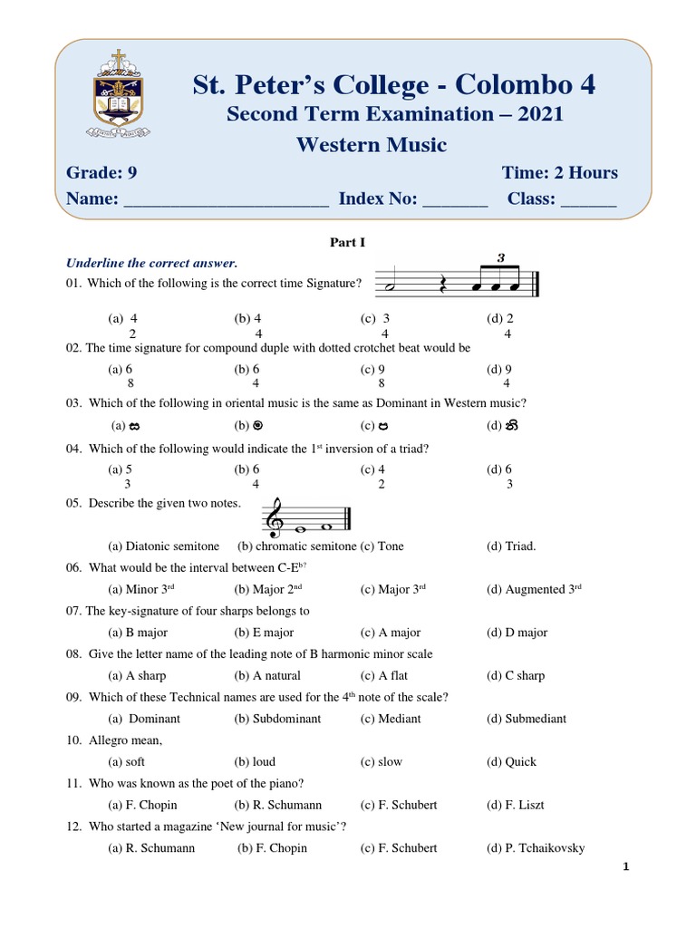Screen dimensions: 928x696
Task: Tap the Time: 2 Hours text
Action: click(559, 173)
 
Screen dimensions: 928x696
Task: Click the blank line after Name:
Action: click(226, 203)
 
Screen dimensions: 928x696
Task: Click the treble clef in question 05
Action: click(272, 517)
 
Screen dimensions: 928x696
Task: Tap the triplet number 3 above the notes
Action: click(500, 258)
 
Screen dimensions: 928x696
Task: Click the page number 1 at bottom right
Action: click(625, 867)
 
